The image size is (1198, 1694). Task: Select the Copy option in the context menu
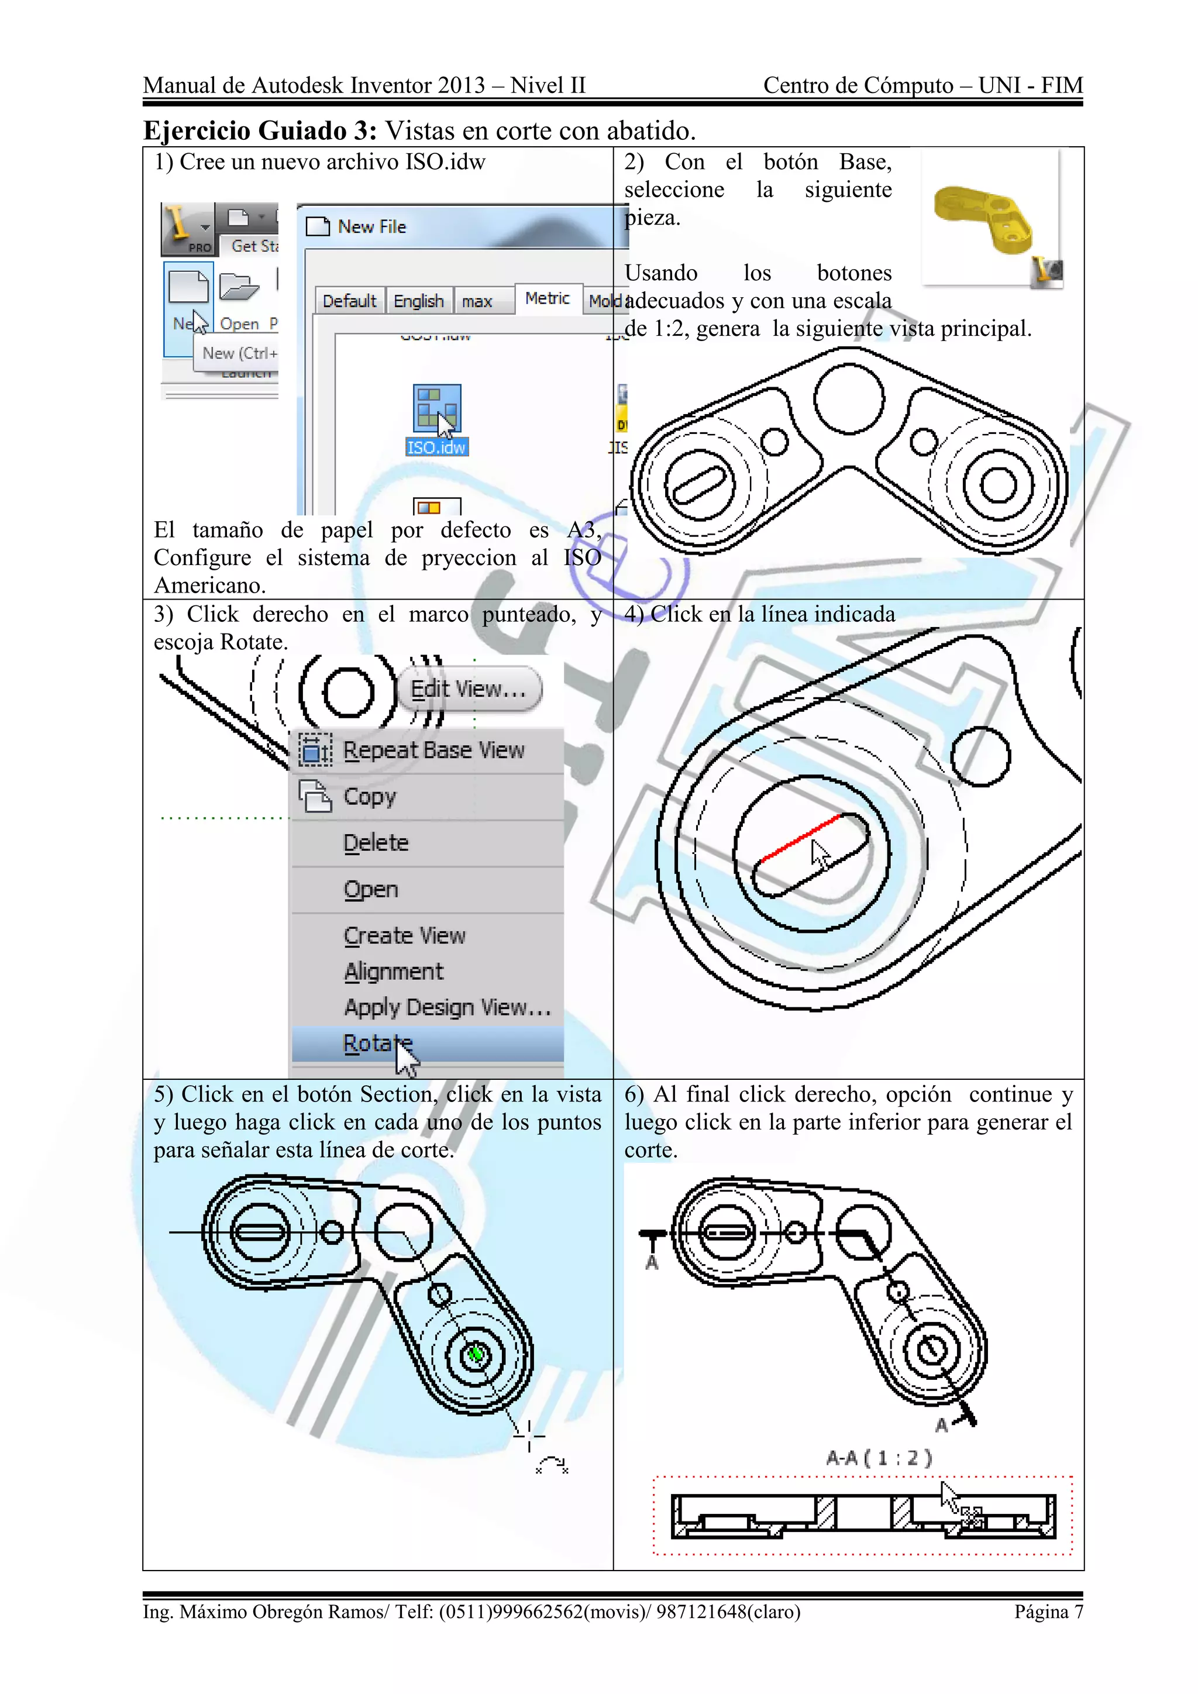pos(370,796)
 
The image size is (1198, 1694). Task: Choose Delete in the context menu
pos(376,842)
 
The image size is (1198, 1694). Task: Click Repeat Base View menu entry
pos(433,750)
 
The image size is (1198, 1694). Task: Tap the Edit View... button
pos(469,689)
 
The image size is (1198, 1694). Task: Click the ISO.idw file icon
pos(437,409)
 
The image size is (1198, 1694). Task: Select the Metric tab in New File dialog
pos(548,299)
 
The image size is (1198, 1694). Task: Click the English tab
pos(418,301)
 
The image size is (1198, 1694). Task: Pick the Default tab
pos(349,301)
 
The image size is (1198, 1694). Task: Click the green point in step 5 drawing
pos(476,1354)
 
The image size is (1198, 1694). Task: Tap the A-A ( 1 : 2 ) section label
pos(879,1458)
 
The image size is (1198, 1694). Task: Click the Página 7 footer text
pos(1048,1612)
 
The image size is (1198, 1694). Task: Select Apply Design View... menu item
pos(447,1007)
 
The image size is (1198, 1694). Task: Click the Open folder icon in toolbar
pos(240,287)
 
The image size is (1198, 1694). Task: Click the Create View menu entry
pos(404,935)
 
